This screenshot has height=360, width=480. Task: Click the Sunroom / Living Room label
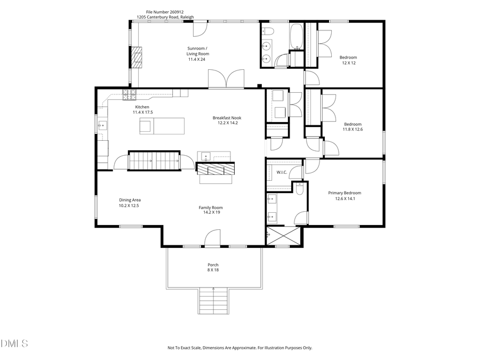197,51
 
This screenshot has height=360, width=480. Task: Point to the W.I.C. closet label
282,172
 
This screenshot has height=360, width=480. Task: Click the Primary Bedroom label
344,193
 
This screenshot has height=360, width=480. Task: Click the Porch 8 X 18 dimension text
213,270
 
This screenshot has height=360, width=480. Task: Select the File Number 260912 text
164,11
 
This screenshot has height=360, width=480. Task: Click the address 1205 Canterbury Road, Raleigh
165,17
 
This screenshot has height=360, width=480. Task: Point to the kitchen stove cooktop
129,95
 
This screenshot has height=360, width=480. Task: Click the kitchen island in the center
161,126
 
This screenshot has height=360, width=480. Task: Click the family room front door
212,238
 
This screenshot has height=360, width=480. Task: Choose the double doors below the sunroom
227,80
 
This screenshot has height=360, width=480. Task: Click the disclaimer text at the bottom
239,348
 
